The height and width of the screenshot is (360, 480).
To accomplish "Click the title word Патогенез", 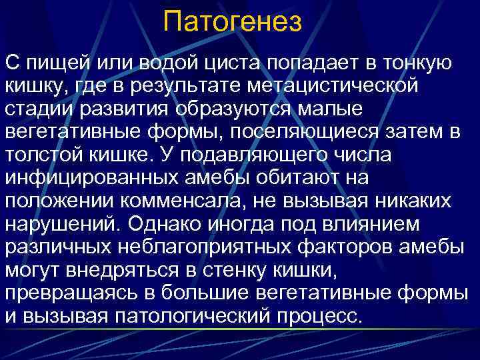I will pyautogui.click(x=232, y=21).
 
